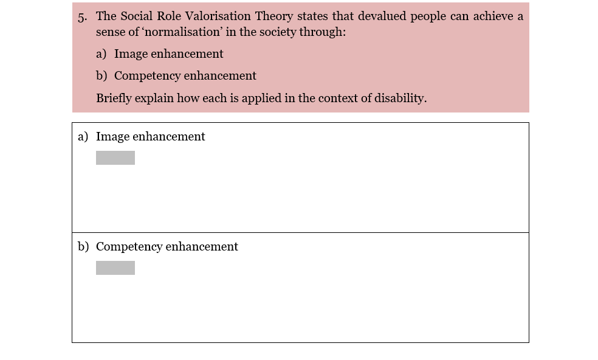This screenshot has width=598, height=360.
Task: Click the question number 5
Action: point(82,17)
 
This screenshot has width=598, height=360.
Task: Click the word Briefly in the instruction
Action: point(113,98)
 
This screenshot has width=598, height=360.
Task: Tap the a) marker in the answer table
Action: point(83,137)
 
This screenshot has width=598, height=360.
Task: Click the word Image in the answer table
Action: point(112,137)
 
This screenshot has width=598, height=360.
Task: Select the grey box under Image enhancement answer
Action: point(115,158)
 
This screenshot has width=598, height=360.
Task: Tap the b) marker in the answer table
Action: point(83,247)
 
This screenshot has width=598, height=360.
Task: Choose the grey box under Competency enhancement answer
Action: point(115,268)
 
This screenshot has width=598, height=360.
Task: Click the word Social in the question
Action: point(136,16)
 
